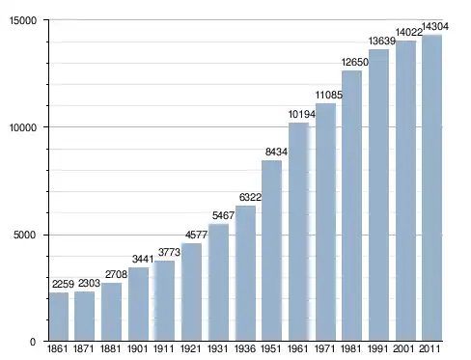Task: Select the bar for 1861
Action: (x=59, y=317)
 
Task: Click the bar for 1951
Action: (x=271, y=251)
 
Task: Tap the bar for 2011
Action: (x=431, y=188)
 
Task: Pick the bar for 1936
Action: (x=245, y=273)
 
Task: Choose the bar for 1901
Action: (x=138, y=304)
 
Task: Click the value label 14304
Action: (x=434, y=26)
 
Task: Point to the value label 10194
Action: (x=302, y=114)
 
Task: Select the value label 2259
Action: (x=63, y=284)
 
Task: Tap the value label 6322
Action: (x=250, y=197)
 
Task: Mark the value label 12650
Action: (x=355, y=62)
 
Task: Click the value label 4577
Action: (x=196, y=235)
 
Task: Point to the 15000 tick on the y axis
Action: (x=23, y=20)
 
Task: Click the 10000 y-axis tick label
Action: (x=23, y=127)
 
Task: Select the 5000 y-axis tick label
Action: (x=25, y=235)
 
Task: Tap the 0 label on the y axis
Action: (x=33, y=342)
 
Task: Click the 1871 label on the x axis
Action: (x=84, y=348)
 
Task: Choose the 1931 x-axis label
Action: (x=217, y=348)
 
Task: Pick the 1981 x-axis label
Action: (x=351, y=348)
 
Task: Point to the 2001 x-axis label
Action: (x=403, y=348)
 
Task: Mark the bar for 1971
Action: (x=325, y=222)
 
